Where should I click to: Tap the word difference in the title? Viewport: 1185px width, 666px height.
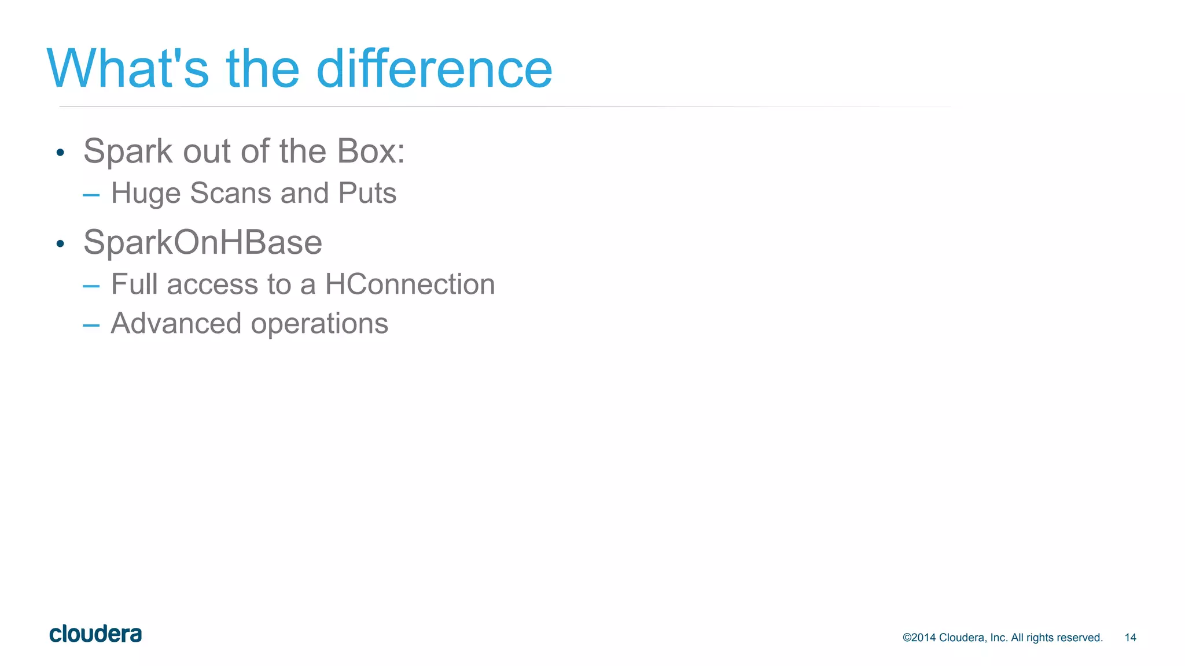pos(434,69)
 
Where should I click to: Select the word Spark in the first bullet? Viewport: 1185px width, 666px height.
pos(128,152)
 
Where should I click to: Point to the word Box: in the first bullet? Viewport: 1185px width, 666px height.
pos(371,151)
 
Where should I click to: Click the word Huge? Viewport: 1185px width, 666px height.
pos(145,194)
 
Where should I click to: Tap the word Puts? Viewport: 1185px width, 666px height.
pos(367,193)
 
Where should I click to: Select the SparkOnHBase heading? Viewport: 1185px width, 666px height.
pos(203,242)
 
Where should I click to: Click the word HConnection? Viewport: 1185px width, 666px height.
pos(410,284)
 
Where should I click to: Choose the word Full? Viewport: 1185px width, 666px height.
pos(134,284)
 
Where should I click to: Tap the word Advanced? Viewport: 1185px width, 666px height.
pos(175,323)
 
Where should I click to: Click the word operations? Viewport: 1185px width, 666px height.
pos(319,324)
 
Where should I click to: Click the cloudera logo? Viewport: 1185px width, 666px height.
pos(95,634)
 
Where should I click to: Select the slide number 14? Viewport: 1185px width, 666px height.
pos(1130,638)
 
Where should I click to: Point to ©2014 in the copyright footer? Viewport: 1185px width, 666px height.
pos(919,638)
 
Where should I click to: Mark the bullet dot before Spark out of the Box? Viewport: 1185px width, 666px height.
pos(60,153)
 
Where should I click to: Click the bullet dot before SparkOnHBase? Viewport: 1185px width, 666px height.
pos(60,244)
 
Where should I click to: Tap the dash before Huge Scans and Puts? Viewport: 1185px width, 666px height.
pos(91,195)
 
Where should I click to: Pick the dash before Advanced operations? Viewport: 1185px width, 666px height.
pos(91,325)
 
